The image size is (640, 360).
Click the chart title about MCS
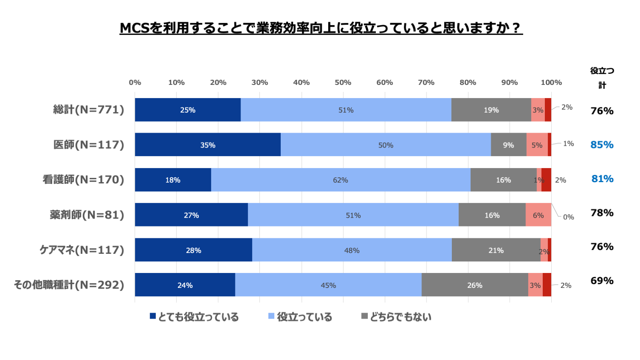[321, 28]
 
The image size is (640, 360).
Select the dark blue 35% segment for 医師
[208, 145]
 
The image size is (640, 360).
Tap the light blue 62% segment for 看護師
[340, 180]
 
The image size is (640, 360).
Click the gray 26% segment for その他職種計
[474, 285]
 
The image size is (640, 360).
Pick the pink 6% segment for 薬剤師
[538, 215]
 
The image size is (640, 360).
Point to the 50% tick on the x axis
[343, 82]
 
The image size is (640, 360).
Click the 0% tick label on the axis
[135, 82]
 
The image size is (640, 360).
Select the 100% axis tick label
[551, 82]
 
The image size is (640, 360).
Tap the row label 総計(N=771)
[89, 110]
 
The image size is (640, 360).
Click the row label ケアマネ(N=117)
[82, 250]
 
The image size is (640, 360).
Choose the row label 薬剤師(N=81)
[87, 215]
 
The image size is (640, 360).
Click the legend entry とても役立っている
[195, 317]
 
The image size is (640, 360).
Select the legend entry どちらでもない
[396, 317]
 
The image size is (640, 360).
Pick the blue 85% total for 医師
[602, 145]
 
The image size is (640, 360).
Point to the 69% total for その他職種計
[602, 281]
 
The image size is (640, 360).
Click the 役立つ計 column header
[602, 78]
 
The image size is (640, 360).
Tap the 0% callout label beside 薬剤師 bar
[568, 217]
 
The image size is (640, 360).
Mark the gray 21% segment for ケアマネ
[496, 250]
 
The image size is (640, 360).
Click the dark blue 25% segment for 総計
[188, 110]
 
